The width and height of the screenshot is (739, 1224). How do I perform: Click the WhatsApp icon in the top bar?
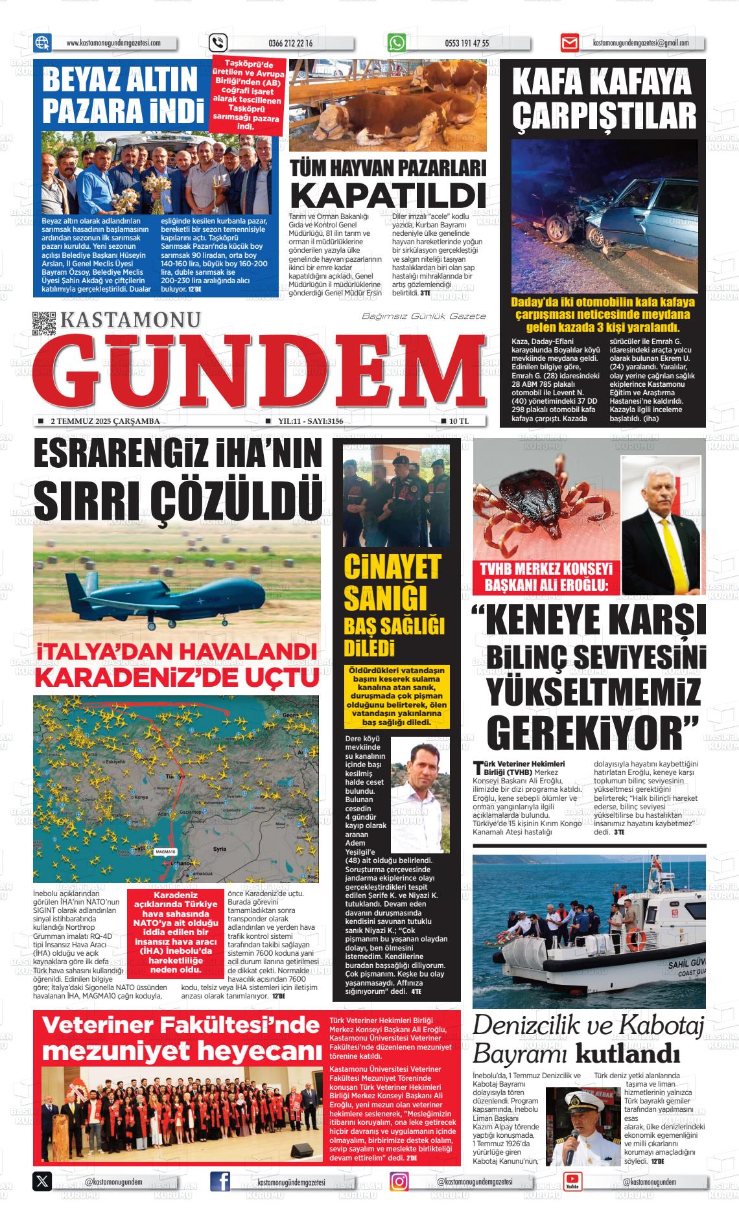click(397, 43)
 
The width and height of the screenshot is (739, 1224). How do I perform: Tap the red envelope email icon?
click(569, 43)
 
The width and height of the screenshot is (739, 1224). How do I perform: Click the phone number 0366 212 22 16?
click(290, 43)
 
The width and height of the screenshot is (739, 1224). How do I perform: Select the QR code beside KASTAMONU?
click(44, 323)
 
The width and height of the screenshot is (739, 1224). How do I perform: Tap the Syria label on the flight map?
click(219, 848)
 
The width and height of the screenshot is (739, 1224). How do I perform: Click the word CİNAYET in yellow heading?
click(392, 567)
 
